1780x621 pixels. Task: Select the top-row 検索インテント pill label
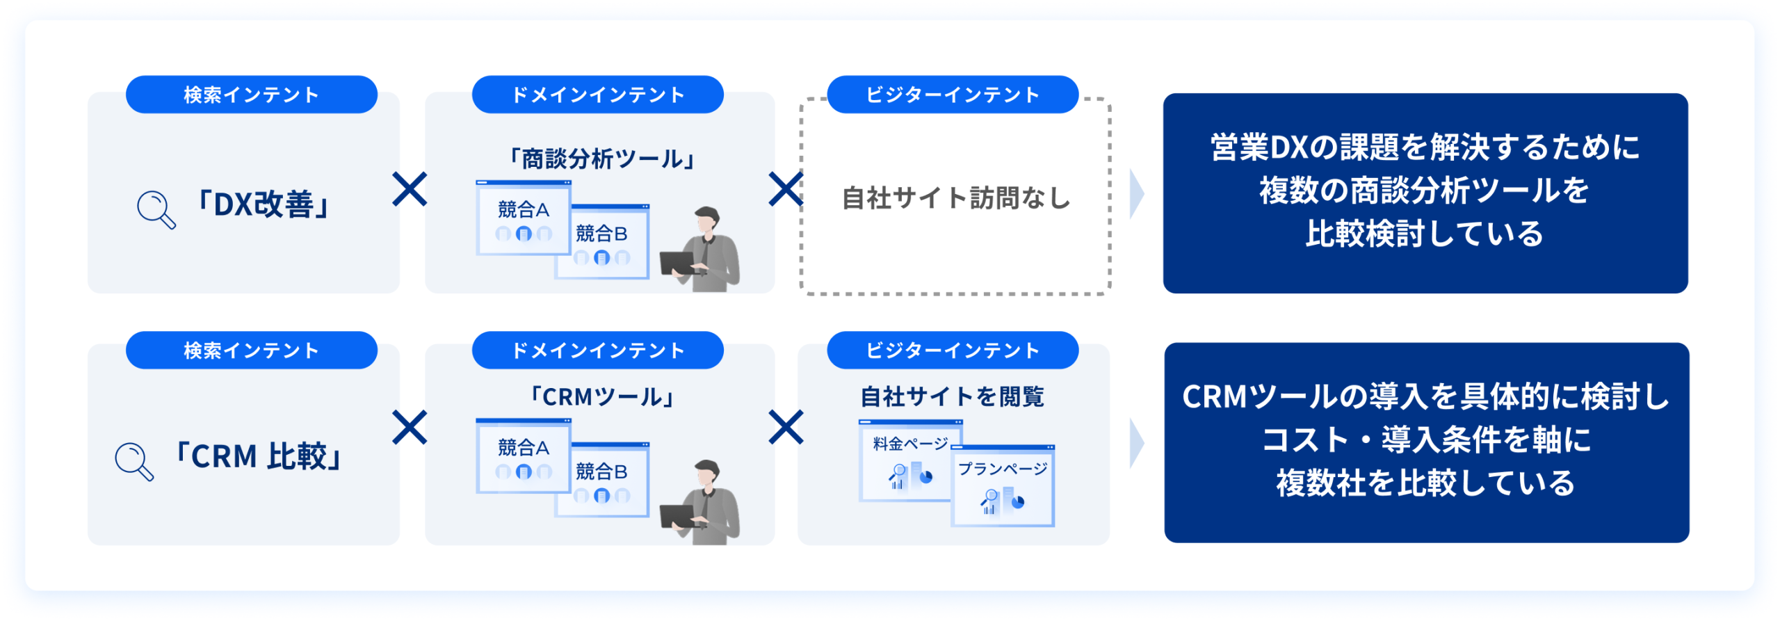coord(251,95)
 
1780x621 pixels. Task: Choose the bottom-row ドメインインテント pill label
coord(597,350)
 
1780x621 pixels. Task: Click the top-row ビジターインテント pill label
coord(953,95)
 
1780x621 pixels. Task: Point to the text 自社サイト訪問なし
coord(955,198)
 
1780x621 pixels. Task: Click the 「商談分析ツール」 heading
coord(602,159)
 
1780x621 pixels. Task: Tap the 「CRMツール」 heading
coord(602,397)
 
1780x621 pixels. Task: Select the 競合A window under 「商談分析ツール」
coord(524,218)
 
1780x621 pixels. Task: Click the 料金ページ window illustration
coord(907,460)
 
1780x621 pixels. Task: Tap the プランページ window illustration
coord(1003,485)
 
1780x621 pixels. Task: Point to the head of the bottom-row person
coord(707,474)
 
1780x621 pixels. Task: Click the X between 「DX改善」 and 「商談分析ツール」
coord(410,189)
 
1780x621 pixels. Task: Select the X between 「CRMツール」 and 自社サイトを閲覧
coord(786,427)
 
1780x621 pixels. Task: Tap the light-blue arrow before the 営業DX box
coord(1137,193)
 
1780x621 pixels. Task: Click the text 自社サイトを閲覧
coord(953,396)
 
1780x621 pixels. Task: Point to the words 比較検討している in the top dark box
coord(1425,234)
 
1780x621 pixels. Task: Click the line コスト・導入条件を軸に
coord(1426,440)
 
